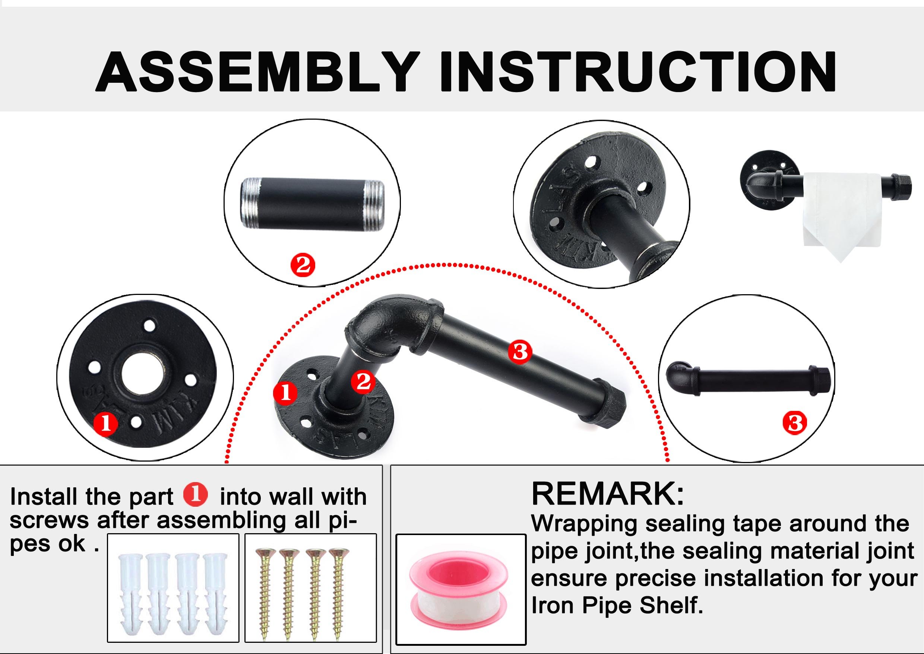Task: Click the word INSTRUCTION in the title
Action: pos(638,72)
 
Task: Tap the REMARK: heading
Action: pos(607,494)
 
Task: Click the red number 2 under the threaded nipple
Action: pos(303,265)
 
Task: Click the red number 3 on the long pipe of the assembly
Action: pos(519,352)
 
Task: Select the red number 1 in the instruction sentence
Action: pos(196,495)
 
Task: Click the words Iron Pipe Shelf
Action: pos(617,605)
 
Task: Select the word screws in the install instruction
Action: pos(49,522)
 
